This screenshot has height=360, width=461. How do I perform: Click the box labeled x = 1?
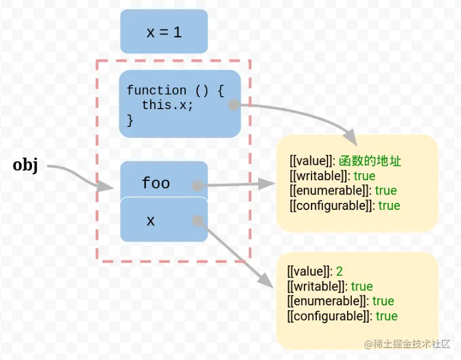coord(164,32)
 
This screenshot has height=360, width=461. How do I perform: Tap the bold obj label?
coord(26,165)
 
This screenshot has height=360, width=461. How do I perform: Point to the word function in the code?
coord(156,91)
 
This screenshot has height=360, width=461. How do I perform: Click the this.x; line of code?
coord(167,106)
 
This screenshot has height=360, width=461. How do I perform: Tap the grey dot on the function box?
coord(234,105)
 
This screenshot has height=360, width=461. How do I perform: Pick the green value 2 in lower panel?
coord(339,272)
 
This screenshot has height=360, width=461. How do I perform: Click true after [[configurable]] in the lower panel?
coord(386,316)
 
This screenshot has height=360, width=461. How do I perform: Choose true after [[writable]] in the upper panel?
coord(364,176)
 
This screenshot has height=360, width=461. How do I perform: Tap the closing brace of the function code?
coord(130,120)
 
